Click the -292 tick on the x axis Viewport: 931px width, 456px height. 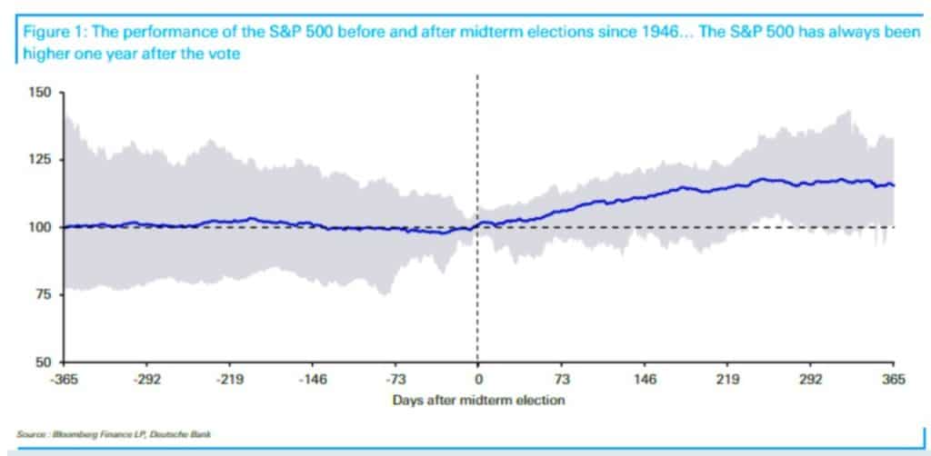tap(147, 380)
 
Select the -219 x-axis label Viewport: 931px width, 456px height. tap(229, 380)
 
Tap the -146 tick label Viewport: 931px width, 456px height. tap(312, 380)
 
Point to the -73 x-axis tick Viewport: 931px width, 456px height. tap(395, 380)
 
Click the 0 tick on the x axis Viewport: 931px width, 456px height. tap(478, 380)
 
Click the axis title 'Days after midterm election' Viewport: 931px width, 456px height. tap(478, 399)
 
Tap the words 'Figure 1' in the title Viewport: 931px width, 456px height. tap(45, 35)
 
